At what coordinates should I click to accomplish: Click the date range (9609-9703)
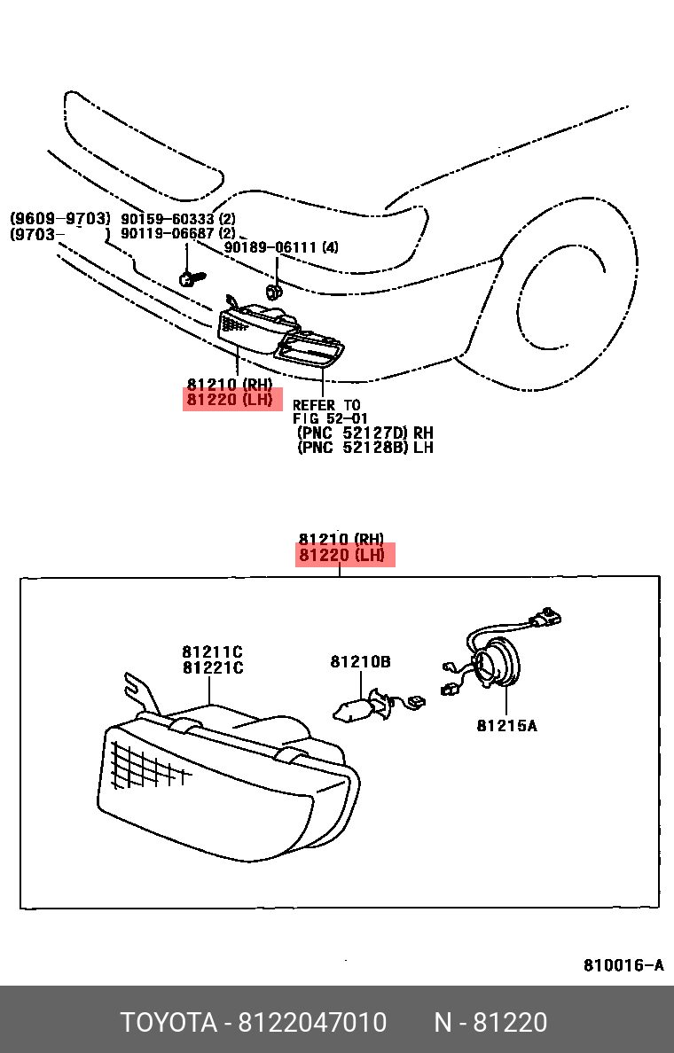point(59,219)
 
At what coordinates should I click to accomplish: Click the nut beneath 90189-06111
point(274,291)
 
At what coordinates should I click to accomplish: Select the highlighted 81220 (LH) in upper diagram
point(231,400)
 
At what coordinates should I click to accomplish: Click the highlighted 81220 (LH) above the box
point(344,556)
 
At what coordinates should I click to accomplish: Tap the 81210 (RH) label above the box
point(341,539)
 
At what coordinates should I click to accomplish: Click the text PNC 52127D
point(352,433)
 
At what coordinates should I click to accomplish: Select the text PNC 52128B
point(352,448)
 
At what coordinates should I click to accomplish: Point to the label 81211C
point(213,652)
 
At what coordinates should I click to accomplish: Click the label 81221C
point(213,668)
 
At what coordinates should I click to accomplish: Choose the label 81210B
point(360,661)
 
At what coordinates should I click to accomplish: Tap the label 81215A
point(506,726)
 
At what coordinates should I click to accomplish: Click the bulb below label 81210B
point(354,706)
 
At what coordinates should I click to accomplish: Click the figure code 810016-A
point(623,965)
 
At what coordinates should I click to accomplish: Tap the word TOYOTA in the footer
point(168,1023)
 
